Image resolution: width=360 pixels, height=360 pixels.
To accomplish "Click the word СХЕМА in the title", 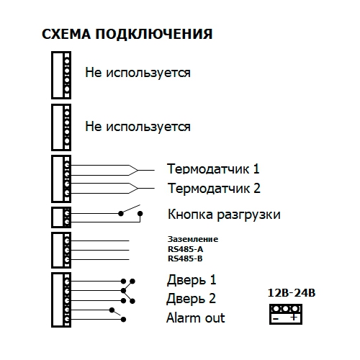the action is tap(66, 34).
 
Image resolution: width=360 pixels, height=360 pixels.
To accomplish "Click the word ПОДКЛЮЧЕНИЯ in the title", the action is tap(154, 35).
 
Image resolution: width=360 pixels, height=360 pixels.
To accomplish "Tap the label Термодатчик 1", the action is tap(213, 168).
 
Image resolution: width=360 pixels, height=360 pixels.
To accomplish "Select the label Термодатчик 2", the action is tap(214, 188).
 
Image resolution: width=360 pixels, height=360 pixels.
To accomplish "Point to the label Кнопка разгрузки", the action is tap(224, 215).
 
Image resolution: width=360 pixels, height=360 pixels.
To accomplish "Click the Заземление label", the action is tap(193, 239).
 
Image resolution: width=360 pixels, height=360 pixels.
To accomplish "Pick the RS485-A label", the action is tap(185, 249).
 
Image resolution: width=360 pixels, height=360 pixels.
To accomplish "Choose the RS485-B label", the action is tap(185, 258).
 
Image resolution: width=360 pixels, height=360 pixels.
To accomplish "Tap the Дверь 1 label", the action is tap(192, 280).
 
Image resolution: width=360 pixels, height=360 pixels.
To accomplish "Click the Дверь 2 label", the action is tap(192, 299).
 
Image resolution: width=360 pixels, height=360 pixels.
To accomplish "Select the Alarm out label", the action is tap(196, 318).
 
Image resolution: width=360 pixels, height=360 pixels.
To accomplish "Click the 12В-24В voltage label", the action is tap(292, 293).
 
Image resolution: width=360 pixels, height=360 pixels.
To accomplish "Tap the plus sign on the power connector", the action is tap(294, 318).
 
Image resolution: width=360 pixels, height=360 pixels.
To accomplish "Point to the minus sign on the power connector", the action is tap(276, 319).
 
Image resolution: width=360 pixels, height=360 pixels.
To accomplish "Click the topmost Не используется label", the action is tap(138, 73).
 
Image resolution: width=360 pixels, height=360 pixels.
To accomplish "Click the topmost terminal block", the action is tap(61, 75).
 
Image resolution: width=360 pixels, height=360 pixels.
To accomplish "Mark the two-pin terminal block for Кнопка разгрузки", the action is tap(61, 217).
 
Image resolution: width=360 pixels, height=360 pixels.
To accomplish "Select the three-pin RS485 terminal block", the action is tap(61, 250).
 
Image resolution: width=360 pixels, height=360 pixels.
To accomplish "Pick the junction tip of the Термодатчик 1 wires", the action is tap(138, 171).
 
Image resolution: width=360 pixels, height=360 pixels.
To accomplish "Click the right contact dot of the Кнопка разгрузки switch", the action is tap(140, 214).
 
